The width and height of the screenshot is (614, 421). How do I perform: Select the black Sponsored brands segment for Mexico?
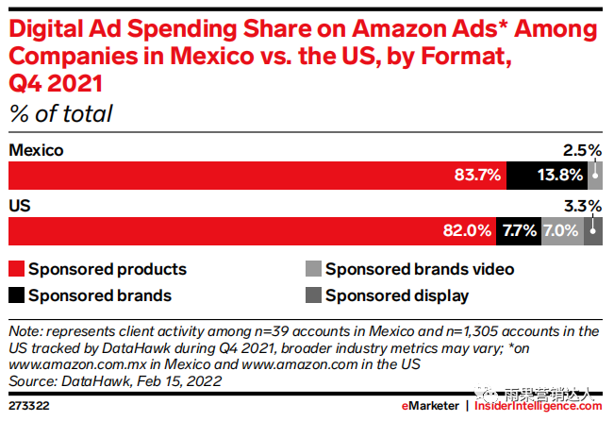pos(547,176)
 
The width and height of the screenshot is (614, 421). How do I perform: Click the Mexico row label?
pos(36,150)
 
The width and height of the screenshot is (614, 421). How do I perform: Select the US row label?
pos(20,205)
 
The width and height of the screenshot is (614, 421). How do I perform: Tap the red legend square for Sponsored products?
pos(15,269)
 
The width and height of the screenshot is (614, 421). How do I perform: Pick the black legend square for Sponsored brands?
pos(15,295)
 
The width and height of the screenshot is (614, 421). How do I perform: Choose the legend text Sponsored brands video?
pos(420,269)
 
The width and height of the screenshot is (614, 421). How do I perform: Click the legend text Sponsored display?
pos(397,295)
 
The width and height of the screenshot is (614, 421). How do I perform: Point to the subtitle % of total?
pos(60,115)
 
